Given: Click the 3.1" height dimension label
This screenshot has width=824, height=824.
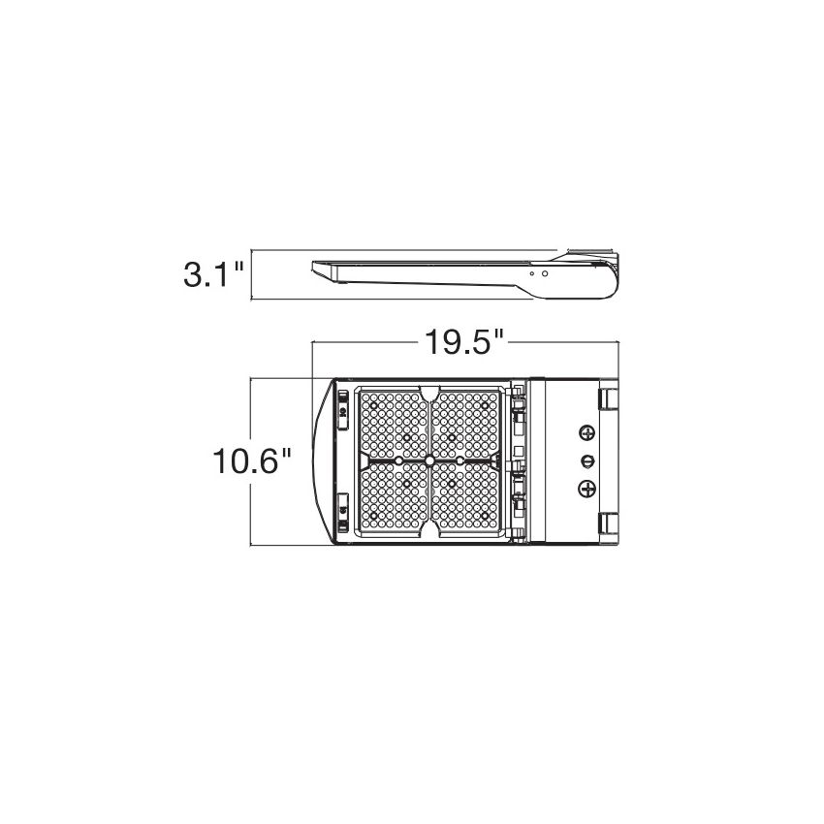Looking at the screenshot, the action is click(x=214, y=275).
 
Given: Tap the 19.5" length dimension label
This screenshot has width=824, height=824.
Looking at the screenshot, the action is click(x=464, y=342).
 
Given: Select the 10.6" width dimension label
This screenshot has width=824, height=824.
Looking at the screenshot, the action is click(x=252, y=461).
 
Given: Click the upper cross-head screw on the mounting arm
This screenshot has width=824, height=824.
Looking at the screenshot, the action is click(x=587, y=433).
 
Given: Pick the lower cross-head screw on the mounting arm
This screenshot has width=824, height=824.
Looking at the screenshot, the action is click(x=587, y=489).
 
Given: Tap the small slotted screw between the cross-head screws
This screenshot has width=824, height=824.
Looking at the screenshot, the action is click(x=587, y=461).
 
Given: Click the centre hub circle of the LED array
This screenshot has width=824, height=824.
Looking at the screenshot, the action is click(x=429, y=460).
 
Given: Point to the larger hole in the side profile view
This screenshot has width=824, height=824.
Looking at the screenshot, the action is click(x=545, y=273).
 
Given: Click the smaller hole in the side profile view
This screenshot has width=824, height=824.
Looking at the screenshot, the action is click(x=532, y=273).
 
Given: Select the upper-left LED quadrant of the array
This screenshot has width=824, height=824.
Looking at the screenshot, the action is click(x=394, y=425).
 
